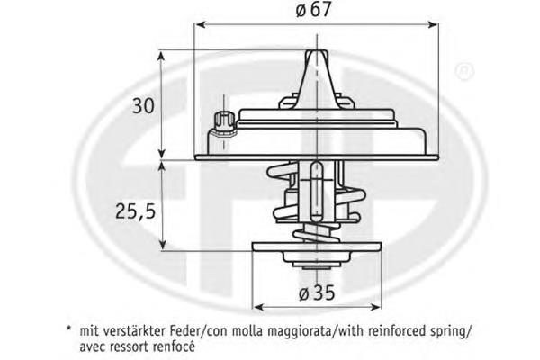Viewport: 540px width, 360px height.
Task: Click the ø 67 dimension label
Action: (313, 9)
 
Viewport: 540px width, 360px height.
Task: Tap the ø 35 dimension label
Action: (317, 292)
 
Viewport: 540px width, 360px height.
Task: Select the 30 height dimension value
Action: (143, 106)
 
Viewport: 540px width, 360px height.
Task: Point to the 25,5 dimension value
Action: (135, 211)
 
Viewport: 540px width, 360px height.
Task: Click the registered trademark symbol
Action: (464, 71)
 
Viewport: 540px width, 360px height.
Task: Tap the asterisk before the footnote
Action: (69, 328)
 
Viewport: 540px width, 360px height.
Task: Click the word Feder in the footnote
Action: (185, 331)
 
